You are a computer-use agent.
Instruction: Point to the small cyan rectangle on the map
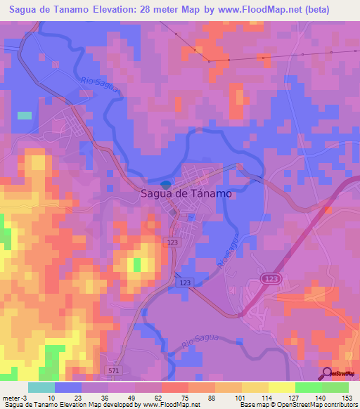25,115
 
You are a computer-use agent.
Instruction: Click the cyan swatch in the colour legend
41,387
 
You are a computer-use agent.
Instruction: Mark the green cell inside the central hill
137,264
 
